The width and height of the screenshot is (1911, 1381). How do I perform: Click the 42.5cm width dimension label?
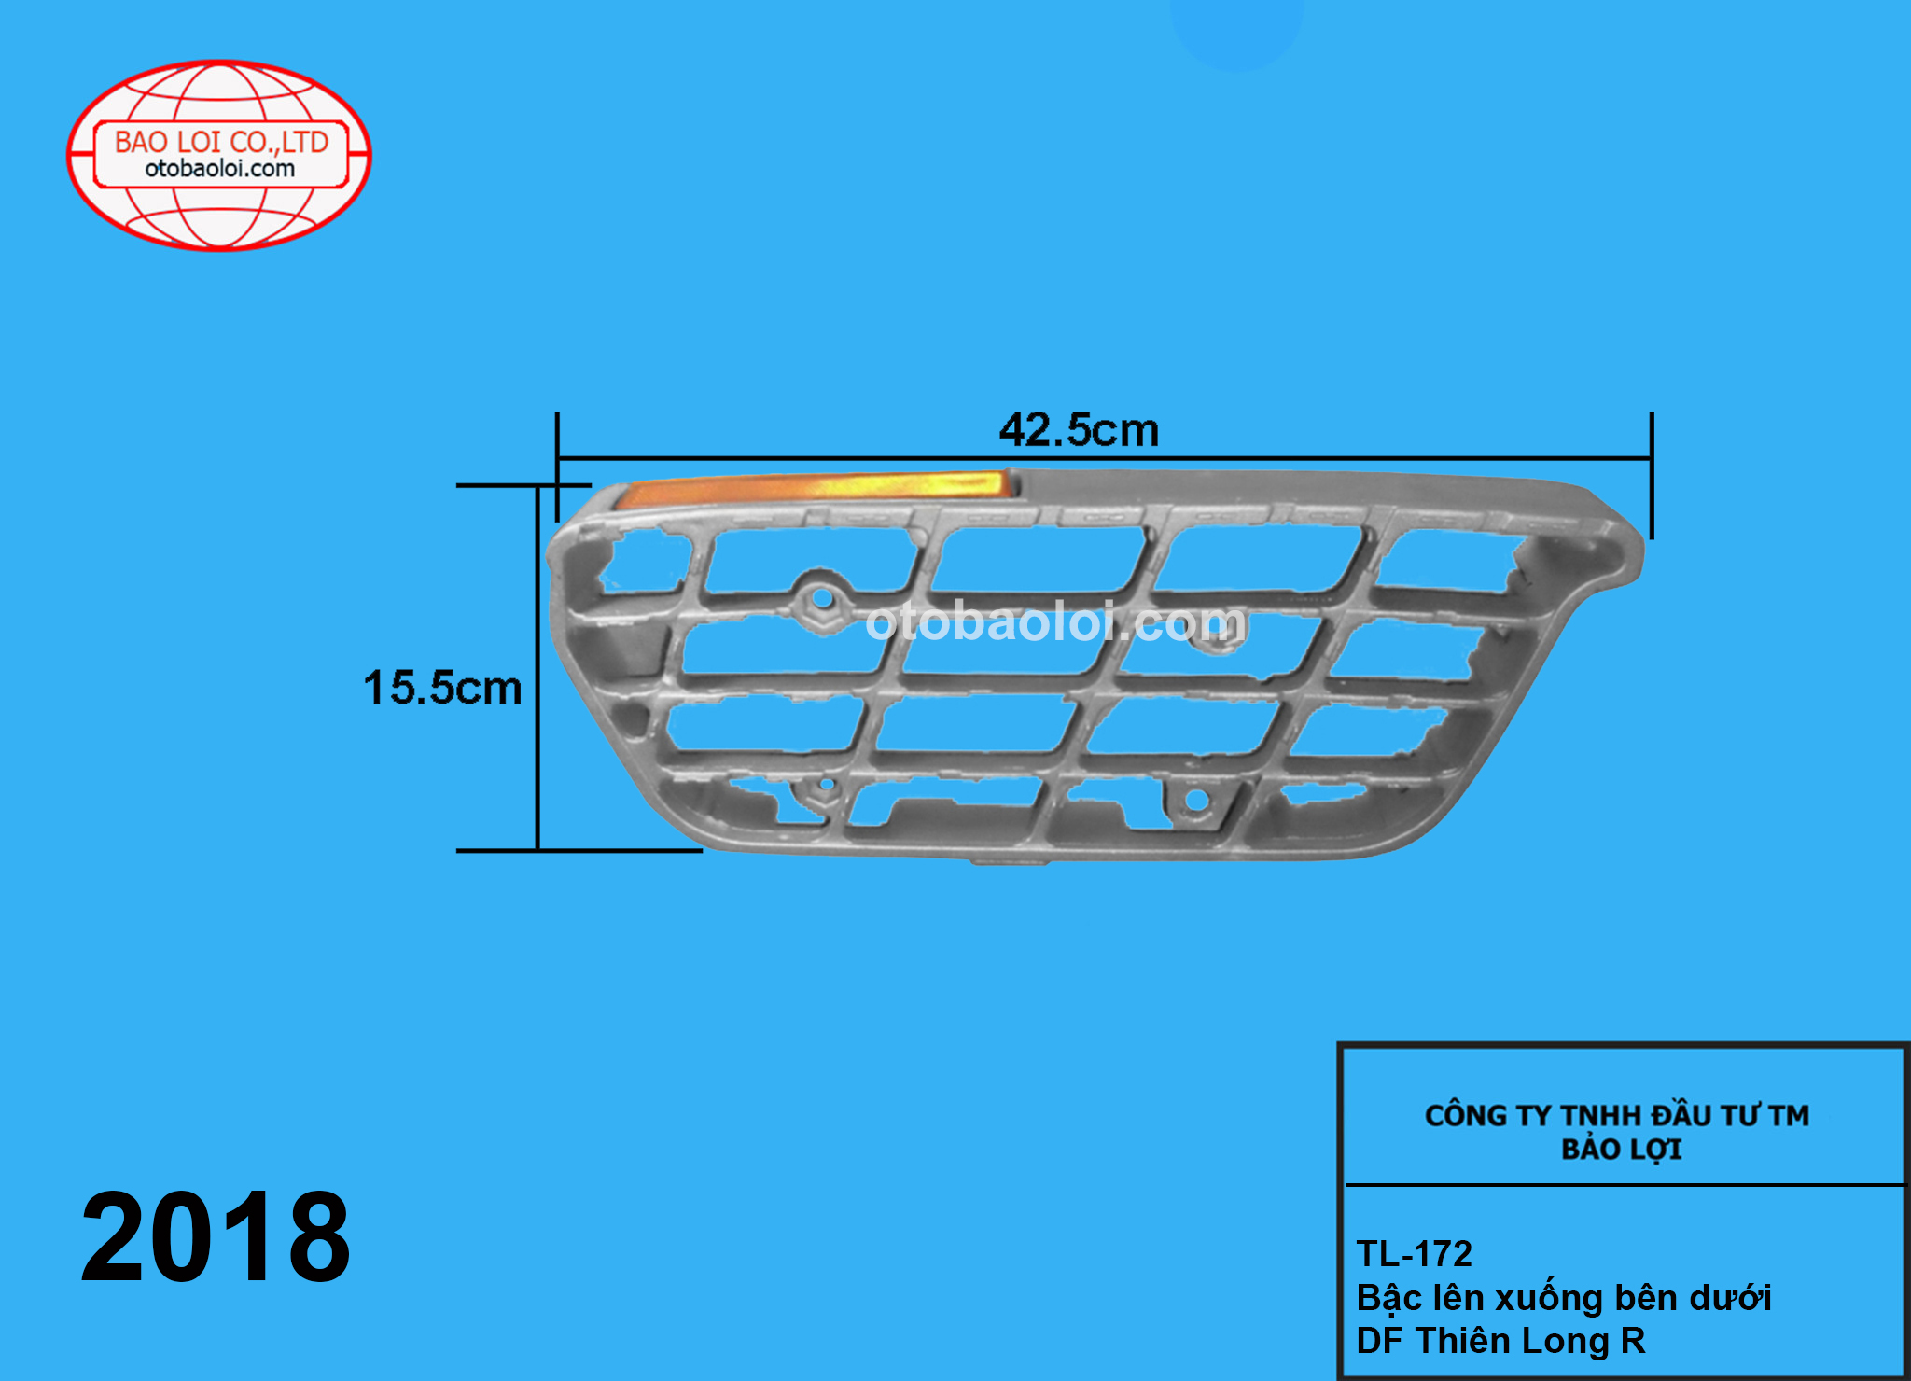[x=1079, y=430]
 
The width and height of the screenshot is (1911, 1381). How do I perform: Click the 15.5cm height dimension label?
[x=442, y=688]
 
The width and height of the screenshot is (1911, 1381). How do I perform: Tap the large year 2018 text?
[x=216, y=1237]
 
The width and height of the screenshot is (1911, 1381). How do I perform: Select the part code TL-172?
[x=1414, y=1254]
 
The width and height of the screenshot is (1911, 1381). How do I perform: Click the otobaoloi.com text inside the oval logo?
[x=220, y=169]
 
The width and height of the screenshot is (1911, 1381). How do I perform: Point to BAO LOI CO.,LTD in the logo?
[x=221, y=142]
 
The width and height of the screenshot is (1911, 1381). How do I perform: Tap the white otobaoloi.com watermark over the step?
[x=1054, y=622]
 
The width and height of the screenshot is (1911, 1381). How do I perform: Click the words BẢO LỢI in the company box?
[x=1621, y=1150]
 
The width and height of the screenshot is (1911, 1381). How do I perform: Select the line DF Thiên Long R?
[x=1500, y=1341]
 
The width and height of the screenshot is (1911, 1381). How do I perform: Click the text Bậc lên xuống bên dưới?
[x=1563, y=1298]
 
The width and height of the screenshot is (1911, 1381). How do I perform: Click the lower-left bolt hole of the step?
[x=825, y=787]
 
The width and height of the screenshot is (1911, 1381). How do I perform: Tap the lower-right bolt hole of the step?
[x=1195, y=801]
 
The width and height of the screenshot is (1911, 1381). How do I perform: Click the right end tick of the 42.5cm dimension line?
[x=1651, y=474]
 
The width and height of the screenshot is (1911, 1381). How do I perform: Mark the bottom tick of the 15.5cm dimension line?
[x=579, y=850]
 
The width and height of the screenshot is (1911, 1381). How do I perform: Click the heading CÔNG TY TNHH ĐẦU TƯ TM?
[x=1616, y=1115]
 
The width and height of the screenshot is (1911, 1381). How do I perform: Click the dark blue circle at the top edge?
[x=1236, y=28]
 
